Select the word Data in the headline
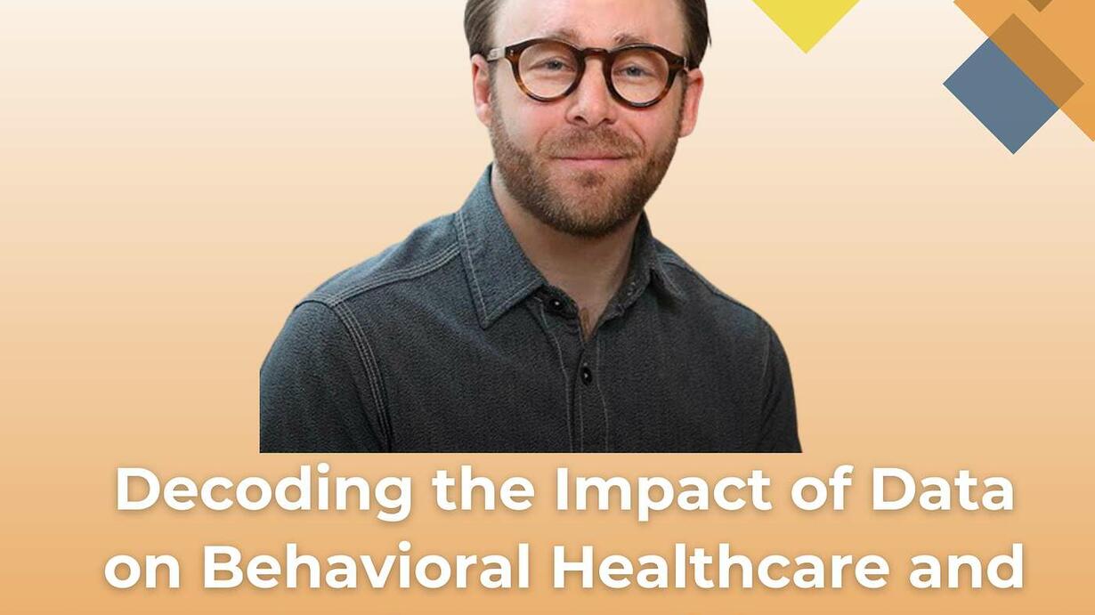[942, 489]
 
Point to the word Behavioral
[366, 566]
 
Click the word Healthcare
[719, 566]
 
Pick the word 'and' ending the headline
[966, 566]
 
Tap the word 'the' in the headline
[483, 489]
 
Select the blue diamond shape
[1002, 96]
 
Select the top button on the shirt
[556, 304]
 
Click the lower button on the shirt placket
[586, 375]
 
